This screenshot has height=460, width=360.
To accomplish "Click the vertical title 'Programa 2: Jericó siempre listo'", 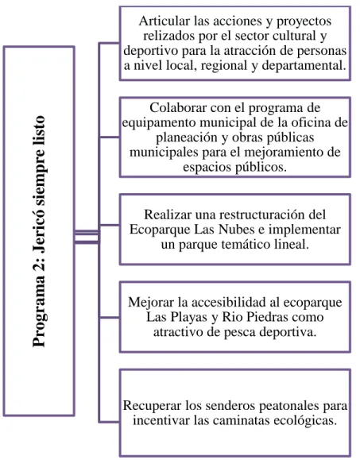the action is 39,231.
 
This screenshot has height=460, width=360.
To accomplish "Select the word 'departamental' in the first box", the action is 302,66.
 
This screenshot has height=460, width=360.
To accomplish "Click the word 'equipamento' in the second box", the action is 159,123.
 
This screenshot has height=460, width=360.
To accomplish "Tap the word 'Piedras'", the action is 268,317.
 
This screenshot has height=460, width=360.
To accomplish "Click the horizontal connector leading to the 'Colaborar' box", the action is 109,137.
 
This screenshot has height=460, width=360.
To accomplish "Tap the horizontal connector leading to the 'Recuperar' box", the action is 109,422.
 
